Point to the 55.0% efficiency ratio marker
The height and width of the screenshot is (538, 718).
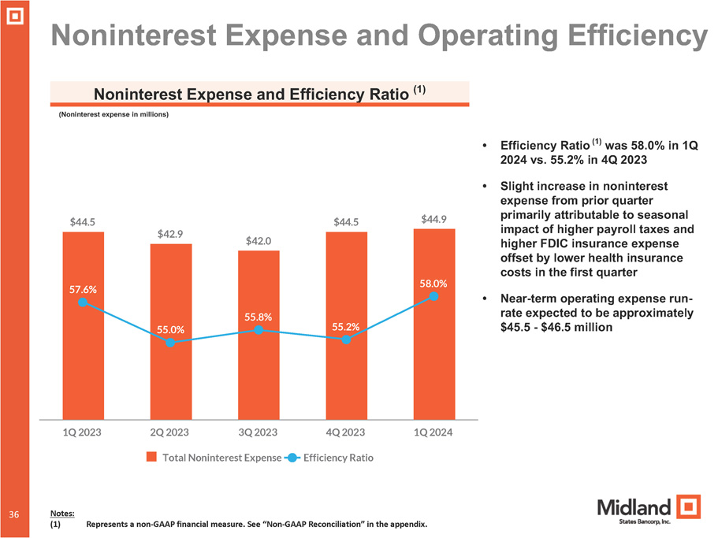tap(170, 343)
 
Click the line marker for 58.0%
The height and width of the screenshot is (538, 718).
tap(434, 296)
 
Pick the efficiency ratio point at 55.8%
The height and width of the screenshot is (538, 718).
tap(259, 330)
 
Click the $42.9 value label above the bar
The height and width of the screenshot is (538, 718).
tap(171, 233)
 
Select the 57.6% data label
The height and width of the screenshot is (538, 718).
tap(83, 289)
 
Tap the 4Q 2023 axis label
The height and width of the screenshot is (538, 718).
tap(346, 432)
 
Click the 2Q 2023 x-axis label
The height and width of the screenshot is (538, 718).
tap(171, 432)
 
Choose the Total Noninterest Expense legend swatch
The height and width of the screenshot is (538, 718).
tap(153, 457)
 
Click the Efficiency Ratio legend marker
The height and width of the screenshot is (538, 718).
tap(291, 457)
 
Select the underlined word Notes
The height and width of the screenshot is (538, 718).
tap(62, 513)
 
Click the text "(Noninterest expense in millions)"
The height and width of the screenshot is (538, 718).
tap(113, 114)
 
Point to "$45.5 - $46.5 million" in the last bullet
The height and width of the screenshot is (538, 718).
tap(556, 327)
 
